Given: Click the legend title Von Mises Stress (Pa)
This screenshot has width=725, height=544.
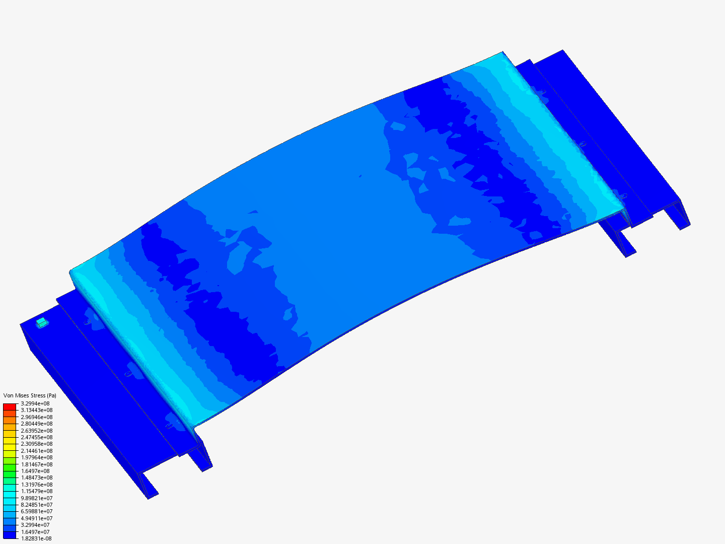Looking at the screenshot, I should [30, 395].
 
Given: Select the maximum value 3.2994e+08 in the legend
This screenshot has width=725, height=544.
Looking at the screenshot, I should [35, 403].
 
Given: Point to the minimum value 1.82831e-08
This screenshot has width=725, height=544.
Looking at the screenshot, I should [36, 538].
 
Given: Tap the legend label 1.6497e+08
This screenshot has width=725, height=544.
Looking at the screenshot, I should [35, 471].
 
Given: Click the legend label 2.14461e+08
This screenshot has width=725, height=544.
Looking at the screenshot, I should [37, 451].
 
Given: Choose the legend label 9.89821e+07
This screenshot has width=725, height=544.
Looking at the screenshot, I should [37, 498].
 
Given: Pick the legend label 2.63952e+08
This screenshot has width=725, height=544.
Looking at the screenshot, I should [37, 431].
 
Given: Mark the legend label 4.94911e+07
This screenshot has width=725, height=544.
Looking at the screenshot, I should [37, 518].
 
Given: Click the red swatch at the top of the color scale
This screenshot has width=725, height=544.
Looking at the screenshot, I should [10, 406].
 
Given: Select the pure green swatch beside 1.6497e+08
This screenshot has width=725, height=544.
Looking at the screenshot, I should [10, 473].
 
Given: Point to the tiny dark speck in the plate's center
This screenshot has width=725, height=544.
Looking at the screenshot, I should [360, 176].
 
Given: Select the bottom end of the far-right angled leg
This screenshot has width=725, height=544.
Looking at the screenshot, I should [685, 225].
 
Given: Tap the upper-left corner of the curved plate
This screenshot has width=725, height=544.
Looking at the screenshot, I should [71, 273].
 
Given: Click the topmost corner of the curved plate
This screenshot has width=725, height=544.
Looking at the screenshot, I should [502, 52].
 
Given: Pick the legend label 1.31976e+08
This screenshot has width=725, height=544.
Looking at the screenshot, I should [37, 485].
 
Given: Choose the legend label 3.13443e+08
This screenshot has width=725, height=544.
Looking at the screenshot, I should [37, 410].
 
